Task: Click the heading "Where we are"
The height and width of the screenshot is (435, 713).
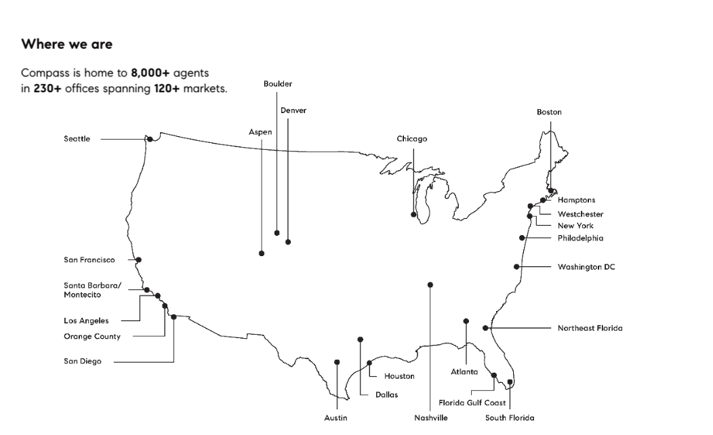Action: [x=66, y=45]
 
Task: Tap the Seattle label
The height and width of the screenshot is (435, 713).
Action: [x=77, y=139]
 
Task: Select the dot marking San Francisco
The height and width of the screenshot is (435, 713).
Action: [x=138, y=260]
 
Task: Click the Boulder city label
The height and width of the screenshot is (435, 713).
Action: [x=278, y=83]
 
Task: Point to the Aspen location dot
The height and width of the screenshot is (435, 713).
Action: [x=262, y=253]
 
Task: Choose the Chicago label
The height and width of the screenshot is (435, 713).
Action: [x=412, y=139]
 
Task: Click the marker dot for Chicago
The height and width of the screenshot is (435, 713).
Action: [x=413, y=215]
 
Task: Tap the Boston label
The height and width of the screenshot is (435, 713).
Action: [x=549, y=112]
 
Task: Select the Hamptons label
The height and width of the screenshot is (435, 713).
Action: [x=576, y=200]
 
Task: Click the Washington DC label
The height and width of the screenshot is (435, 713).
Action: [x=586, y=267]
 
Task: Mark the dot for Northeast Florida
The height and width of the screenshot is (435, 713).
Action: [x=485, y=328]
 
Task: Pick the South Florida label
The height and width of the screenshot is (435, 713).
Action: [x=510, y=418]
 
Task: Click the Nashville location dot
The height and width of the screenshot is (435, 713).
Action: [x=430, y=285]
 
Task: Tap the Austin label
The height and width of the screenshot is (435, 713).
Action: [x=335, y=418]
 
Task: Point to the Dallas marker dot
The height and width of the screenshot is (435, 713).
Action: [x=360, y=339]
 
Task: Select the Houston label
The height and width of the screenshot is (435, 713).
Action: [x=399, y=376]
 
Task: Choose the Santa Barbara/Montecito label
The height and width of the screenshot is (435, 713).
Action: [x=92, y=290]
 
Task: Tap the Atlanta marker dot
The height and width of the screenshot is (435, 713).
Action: [x=466, y=321]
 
